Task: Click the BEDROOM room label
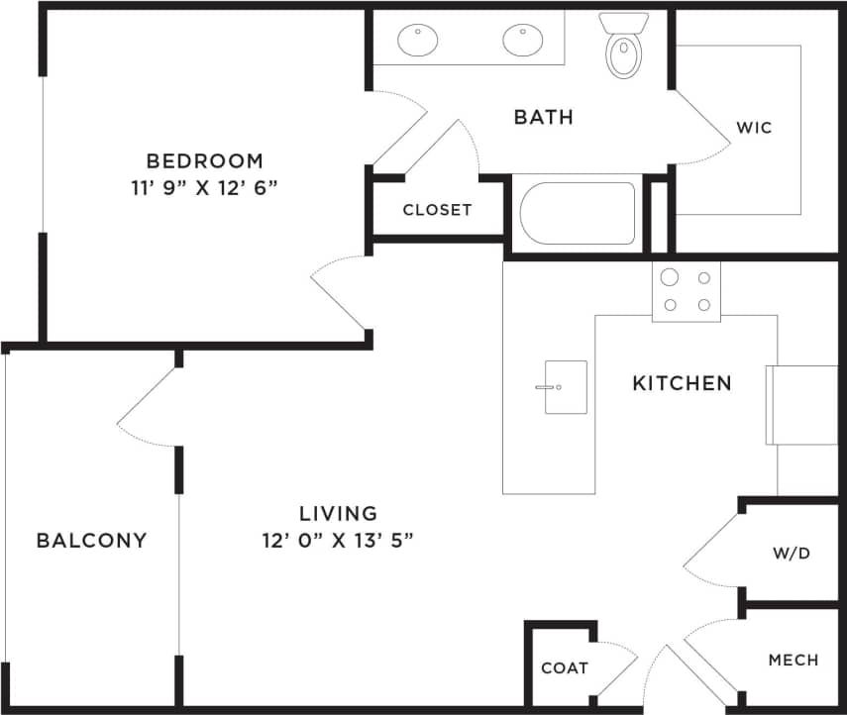205,160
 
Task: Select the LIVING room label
339,513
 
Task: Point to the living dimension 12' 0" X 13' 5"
339,540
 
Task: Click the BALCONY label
91,540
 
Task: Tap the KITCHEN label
683,382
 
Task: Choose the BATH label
543,117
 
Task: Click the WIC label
753,128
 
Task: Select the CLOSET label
437,210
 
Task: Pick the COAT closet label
564,667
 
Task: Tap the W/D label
791,553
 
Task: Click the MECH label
793,660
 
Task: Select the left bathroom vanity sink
418,41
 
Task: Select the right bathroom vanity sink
522,41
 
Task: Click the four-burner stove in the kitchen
686,291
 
